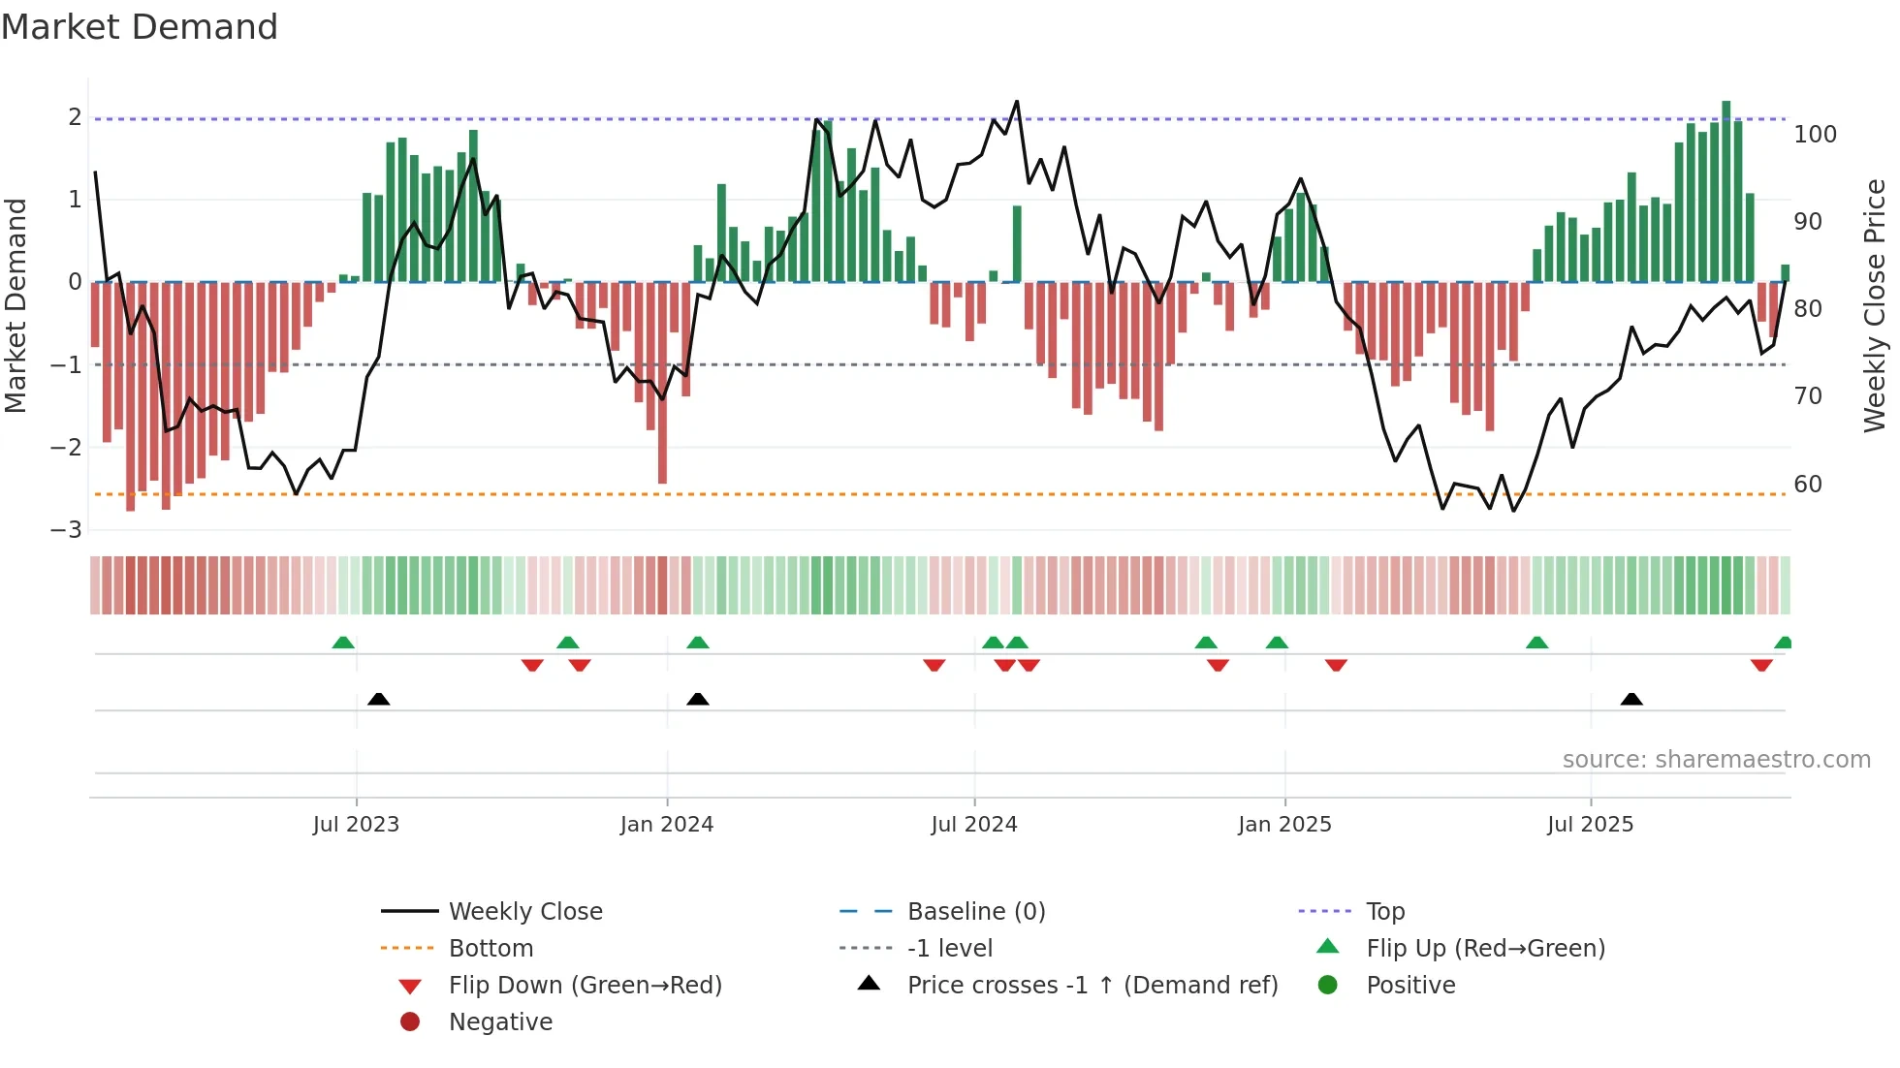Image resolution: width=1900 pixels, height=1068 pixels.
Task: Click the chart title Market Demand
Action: pyautogui.click(x=140, y=27)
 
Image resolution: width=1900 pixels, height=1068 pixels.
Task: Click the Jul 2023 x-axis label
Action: pyautogui.click(x=356, y=825)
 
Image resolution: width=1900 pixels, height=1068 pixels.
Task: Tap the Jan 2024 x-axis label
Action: pyautogui.click(x=667, y=825)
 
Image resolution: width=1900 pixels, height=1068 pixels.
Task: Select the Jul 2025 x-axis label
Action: pyautogui.click(x=1590, y=825)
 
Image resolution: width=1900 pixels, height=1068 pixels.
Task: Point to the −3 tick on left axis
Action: pyautogui.click(x=67, y=530)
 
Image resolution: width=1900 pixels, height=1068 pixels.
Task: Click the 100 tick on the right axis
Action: pyautogui.click(x=1815, y=135)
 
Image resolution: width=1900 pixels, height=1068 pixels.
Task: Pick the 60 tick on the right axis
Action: pyautogui.click(x=1808, y=485)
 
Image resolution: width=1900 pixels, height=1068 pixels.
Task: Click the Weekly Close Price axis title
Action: pyautogui.click(x=1875, y=305)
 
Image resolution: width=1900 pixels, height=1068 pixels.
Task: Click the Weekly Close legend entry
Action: pyautogui.click(x=524, y=912)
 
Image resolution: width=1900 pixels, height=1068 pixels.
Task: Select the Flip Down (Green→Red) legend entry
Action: pyautogui.click(x=585, y=986)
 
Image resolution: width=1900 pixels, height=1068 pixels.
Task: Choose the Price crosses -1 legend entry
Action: pyautogui.click(x=1092, y=986)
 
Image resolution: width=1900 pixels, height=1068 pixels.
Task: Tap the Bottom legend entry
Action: pyautogui.click(x=491, y=949)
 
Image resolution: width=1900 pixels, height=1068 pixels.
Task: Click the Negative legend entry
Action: pyautogui.click(x=500, y=1022)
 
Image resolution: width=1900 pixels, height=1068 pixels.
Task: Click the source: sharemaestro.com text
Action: pyautogui.click(x=1716, y=760)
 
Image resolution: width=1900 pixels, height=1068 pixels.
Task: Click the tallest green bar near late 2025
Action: pyautogui.click(x=1726, y=194)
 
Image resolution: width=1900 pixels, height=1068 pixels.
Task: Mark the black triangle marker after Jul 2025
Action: pyautogui.click(x=1631, y=699)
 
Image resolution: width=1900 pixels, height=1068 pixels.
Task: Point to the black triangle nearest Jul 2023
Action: pyautogui.click(x=379, y=699)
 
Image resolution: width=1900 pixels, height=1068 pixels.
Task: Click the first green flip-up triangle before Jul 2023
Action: pyautogui.click(x=343, y=643)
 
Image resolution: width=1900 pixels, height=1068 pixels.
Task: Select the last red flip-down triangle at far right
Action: pyautogui.click(x=1761, y=665)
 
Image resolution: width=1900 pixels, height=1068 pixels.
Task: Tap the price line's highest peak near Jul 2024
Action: pyautogui.click(x=1017, y=102)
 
